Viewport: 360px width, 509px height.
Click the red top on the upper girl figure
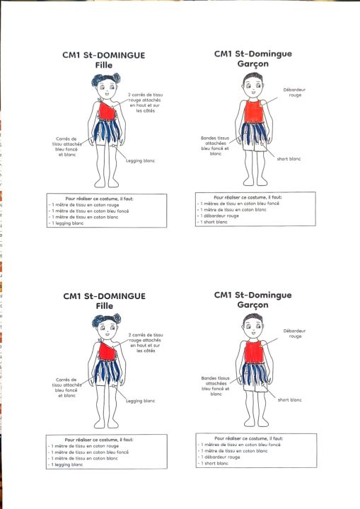pos(108,111)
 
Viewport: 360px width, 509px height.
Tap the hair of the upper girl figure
pos(106,79)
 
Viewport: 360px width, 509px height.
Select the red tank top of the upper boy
pos(254,112)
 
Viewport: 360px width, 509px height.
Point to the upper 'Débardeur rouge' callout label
pos(294,92)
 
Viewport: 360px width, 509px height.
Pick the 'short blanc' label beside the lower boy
pos(289,400)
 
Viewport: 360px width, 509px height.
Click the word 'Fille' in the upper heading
pos(104,65)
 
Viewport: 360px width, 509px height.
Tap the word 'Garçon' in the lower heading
pos(252,305)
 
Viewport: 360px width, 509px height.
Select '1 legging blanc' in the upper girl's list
pos(68,223)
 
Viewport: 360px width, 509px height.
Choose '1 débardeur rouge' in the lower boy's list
pos(220,457)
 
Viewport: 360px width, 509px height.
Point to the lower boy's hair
pos(253,318)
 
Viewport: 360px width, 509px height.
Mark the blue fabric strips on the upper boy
pos(254,133)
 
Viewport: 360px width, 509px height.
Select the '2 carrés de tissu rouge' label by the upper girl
pos(145,98)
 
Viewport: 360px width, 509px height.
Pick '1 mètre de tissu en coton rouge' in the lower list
pos(85,446)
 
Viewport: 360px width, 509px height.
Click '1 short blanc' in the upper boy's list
pos(214,222)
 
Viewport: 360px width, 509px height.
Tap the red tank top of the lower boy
pos(254,352)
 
